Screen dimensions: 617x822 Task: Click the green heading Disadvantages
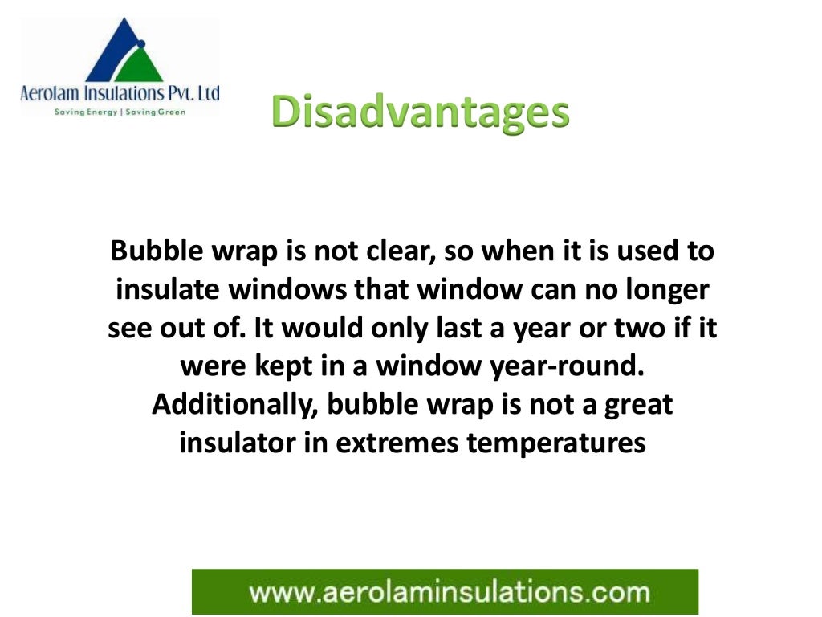[420, 112]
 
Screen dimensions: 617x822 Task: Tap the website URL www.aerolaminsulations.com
[449, 593]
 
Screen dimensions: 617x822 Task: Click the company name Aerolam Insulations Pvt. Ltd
[119, 94]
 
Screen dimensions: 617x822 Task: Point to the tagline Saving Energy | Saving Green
[119, 112]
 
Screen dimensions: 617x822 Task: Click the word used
[647, 251]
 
